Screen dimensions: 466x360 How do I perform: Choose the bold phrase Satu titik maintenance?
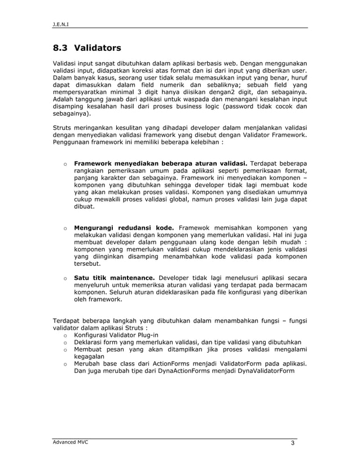(115, 278)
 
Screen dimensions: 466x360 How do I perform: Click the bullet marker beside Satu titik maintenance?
(65, 278)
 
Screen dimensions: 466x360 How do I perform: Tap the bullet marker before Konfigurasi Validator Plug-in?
(65, 336)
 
